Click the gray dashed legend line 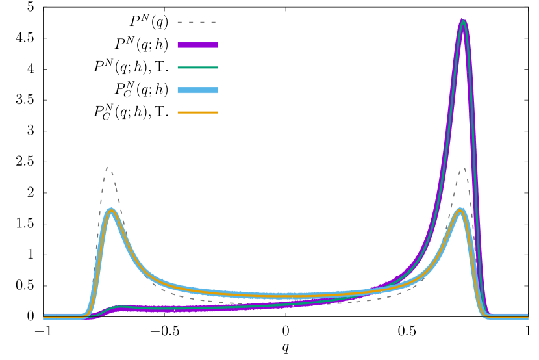(x=197, y=23)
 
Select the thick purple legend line (x=197, y=45)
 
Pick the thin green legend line (x=197, y=68)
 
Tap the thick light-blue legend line (x=197, y=90)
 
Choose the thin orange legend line (x=197, y=112)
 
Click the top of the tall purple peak (x=462, y=21)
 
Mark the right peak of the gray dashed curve (x=464, y=170)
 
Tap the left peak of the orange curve (x=112, y=210)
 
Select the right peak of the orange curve (x=460, y=210)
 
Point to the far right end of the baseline (x=527, y=316)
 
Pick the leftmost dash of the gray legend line (x=179, y=23)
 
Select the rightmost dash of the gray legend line (x=212, y=23)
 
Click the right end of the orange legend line (x=217, y=112)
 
